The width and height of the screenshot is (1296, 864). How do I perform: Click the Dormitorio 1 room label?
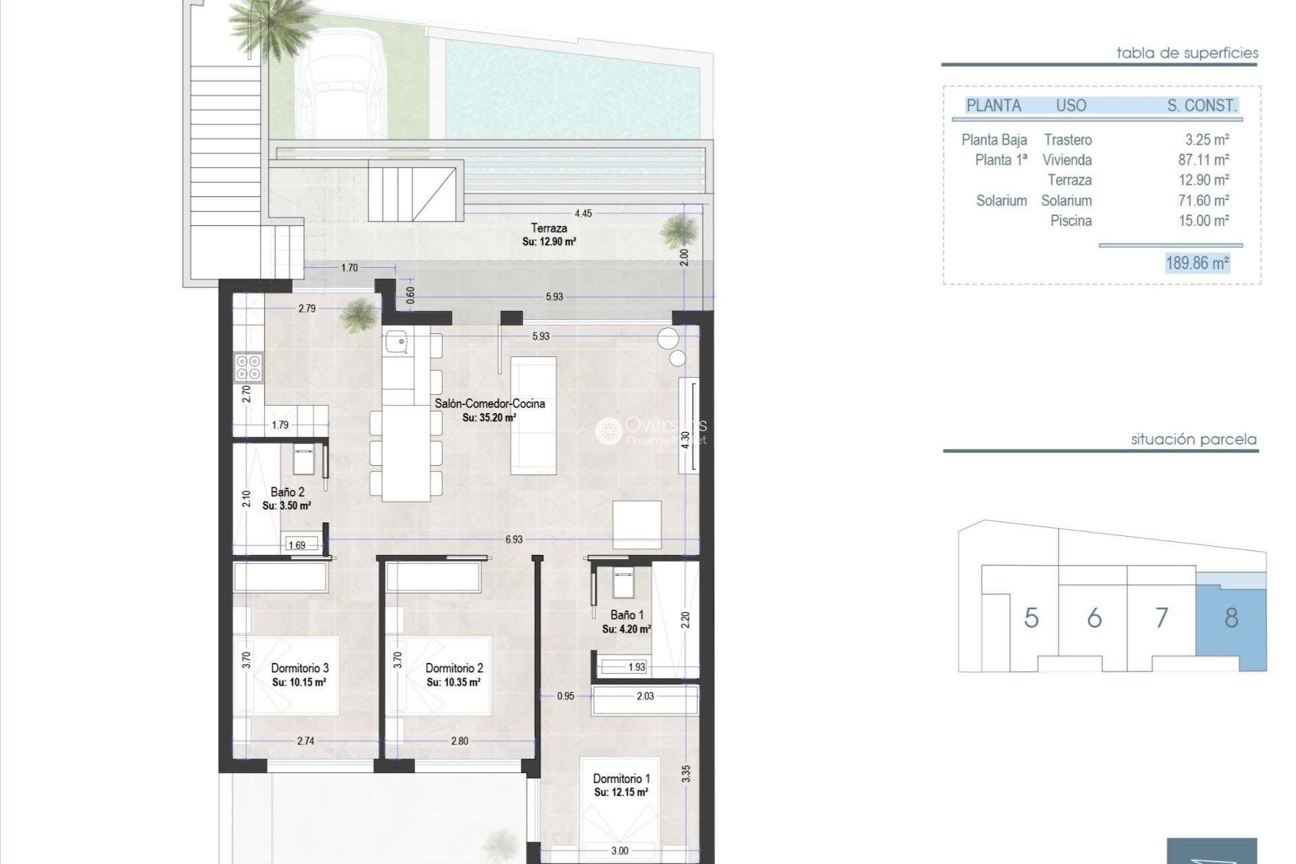point(621,779)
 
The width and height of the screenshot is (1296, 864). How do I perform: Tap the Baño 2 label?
point(287,492)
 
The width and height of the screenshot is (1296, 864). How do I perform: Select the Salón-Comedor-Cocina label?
point(489,404)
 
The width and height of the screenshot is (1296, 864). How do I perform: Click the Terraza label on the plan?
point(549,228)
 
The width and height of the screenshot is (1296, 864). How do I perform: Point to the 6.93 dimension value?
point(514,539)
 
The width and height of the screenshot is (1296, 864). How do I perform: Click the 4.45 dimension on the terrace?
point(583,213)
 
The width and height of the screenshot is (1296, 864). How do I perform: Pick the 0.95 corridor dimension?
point(566,695)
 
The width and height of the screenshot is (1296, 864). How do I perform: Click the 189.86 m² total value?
point(1197,263)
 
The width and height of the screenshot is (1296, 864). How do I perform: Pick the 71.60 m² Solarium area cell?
point(1204,200)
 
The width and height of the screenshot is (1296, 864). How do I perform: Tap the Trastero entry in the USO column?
point(1067,140)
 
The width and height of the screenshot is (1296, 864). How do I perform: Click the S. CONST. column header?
point(1201,105)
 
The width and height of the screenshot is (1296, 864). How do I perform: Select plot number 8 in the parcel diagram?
point(1231,618)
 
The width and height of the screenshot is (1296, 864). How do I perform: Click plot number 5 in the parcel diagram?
point(1031,618)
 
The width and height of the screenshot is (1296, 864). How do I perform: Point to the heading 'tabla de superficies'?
point(1187,53)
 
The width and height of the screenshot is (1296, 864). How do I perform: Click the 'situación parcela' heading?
point(1193,439)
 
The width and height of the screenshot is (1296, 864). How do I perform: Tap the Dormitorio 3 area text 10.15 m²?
point(299,682)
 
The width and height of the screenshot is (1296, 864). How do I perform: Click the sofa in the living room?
point(533,415)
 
